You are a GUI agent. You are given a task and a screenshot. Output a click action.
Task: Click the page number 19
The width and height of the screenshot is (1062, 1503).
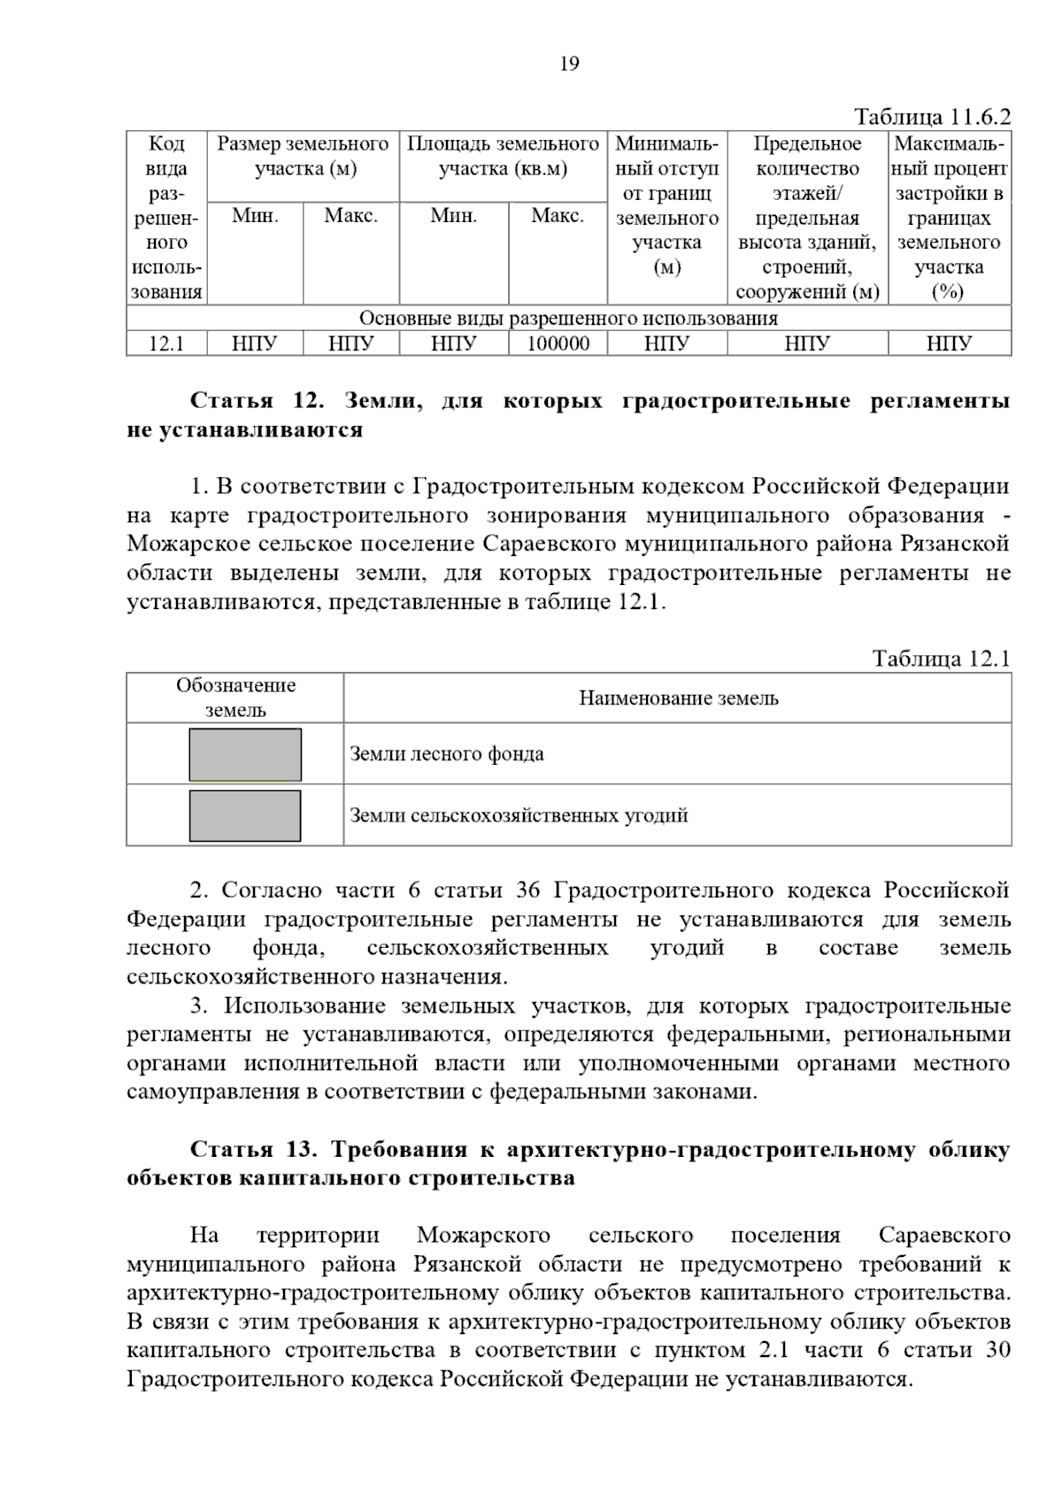point(569,64)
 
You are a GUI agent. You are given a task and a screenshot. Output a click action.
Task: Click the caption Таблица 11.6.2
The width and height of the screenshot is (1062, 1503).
point(932,117)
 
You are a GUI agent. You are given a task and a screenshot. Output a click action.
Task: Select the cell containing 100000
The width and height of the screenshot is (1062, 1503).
point(558,343)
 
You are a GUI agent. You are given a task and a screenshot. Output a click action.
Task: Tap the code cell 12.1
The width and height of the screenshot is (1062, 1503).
point(166,343)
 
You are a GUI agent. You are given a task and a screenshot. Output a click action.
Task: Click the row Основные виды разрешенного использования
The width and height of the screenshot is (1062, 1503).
point(568,318)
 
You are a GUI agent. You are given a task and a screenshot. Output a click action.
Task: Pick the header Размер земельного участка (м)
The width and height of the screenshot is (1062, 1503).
point(304,156)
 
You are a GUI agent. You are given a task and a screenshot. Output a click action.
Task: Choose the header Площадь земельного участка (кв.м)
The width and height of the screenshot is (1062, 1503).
point(503,156)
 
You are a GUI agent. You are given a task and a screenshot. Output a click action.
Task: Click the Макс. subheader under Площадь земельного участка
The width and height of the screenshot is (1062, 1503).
point(558,216)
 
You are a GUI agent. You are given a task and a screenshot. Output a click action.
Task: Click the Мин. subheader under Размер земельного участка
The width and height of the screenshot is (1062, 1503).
point(256,216)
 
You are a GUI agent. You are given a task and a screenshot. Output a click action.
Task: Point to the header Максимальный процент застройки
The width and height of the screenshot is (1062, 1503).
point(949,217)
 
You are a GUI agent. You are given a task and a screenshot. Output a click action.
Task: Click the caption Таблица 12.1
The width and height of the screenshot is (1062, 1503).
point(941,659)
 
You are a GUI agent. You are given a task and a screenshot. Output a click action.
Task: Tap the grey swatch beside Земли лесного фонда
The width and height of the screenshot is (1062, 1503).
point(245,754)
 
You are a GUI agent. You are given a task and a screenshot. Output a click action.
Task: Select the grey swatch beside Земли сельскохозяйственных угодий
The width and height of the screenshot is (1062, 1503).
point(245,815)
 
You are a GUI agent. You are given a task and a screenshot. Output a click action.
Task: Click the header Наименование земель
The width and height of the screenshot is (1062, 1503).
point(678,698)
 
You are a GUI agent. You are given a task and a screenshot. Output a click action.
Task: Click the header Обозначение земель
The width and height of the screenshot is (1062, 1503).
point(235,698)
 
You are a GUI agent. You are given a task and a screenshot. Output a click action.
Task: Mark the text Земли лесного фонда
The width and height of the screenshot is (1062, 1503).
point(447,754)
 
